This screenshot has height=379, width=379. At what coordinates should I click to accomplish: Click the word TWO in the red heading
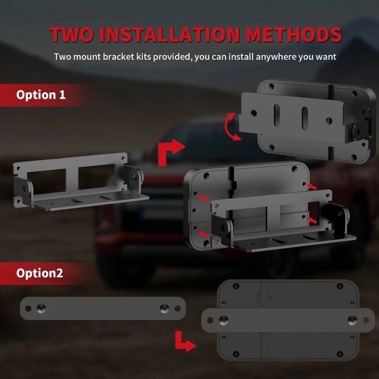[72, 34]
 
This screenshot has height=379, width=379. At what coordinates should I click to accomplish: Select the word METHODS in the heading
[294, 34]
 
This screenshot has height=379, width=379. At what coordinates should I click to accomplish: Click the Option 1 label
[41, 95]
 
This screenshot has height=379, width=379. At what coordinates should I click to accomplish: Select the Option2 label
[40, 273]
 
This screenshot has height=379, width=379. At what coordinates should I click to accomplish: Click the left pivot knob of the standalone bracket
[24, 188]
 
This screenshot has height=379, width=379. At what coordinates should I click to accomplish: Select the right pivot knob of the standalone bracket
[134, 176]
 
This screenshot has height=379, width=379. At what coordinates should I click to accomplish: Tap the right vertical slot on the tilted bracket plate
[305, 118]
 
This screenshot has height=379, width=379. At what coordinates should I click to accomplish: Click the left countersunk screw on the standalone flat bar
[41, 308]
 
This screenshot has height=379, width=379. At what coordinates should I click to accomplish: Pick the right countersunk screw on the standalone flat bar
[164, 308]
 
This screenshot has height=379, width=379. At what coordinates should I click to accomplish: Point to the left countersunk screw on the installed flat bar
[223, 320]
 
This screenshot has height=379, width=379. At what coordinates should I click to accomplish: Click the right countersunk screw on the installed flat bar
[352, 320]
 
